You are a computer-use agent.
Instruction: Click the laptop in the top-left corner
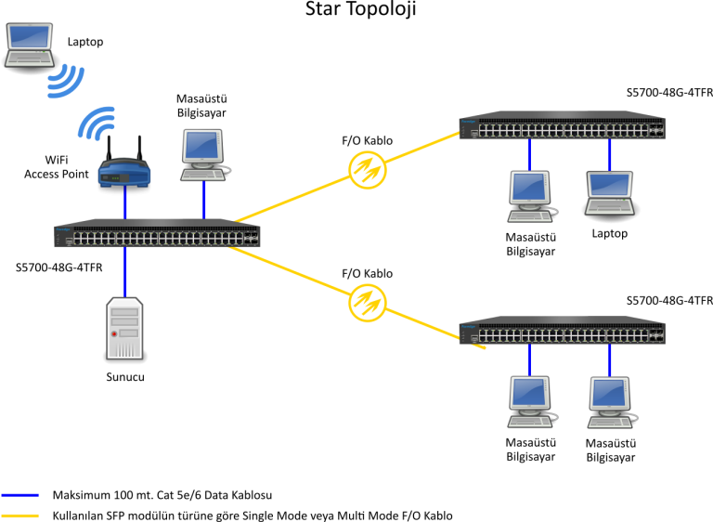pos(29,44)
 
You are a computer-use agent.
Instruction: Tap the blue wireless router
pos(124,172)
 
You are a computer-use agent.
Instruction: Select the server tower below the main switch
pos(124,328)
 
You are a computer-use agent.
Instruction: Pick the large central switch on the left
pos(156,234)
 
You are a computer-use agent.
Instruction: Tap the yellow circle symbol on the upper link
pos(367,170)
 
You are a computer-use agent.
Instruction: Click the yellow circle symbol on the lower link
pos(367,303)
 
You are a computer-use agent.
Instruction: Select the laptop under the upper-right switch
pos(609,192)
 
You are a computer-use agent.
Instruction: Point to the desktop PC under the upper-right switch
pos(530,195)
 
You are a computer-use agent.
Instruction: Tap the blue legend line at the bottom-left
pos(20,495)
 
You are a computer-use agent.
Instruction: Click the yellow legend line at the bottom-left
pos(20,515)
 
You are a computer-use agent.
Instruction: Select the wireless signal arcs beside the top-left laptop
pos(66,81)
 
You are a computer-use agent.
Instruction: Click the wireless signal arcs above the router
pos(97,124)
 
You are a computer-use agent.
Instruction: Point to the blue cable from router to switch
pos(125,202)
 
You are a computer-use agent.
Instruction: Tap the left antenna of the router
pos(109,149)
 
